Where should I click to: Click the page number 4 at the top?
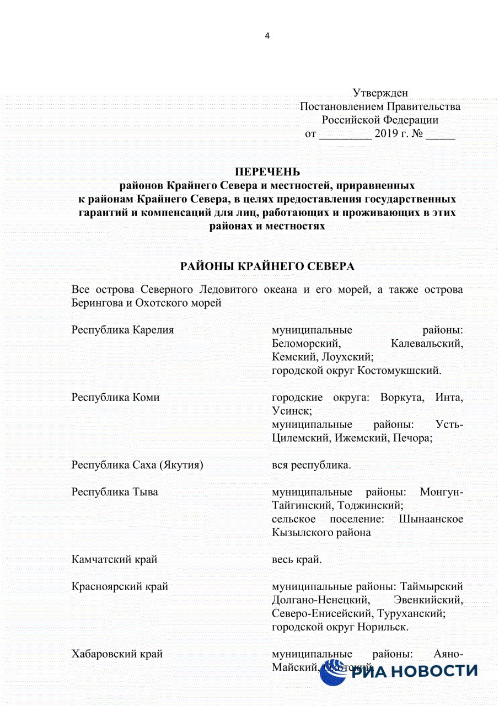(x=267, y=36)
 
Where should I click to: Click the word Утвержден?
(x=380, y=93)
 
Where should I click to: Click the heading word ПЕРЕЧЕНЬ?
(x=267, y=172)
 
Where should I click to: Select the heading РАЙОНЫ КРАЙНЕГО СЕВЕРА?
(x=267, y=266)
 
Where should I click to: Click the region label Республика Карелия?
(x=123, y=330)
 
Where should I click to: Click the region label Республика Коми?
(x=115, y=397)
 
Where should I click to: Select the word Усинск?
(x=292, y=411)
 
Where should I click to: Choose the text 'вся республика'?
(x=312, y=465)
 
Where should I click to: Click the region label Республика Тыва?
(x=115, y=492)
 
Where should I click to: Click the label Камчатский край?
(x=115, y=559)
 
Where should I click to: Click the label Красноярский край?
(x=120, y=586)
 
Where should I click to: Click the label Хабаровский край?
(x=117, y=654)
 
